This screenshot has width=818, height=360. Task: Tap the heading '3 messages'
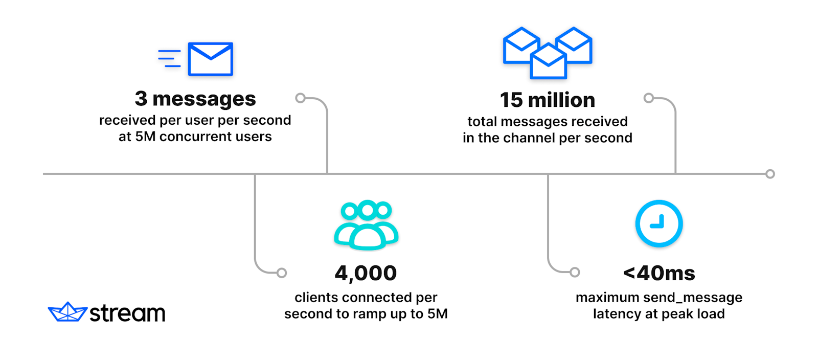(x=195, y=99)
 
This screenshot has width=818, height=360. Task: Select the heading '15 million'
(x=547, y=100)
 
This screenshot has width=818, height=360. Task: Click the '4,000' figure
(x=366, y=273)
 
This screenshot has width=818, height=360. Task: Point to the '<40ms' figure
(x=658, y=273)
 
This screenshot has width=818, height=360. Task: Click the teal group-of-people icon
(x=366, y=225)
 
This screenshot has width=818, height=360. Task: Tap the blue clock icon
(x=658, y=223)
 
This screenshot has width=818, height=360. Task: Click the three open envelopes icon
(x=548, y=53)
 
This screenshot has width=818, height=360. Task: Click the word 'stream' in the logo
(x=127, y=313)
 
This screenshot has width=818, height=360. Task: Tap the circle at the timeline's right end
(x=770, y=174)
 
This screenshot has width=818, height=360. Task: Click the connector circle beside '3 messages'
(x=301, y=98)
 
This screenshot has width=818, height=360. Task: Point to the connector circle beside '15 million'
(x=648, y=98)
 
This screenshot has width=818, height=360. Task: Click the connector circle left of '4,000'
(x=282, y=273)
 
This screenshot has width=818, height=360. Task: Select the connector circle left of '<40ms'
(x=575, y=272)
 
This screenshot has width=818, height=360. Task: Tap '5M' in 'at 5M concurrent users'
(x=145, y=137)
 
